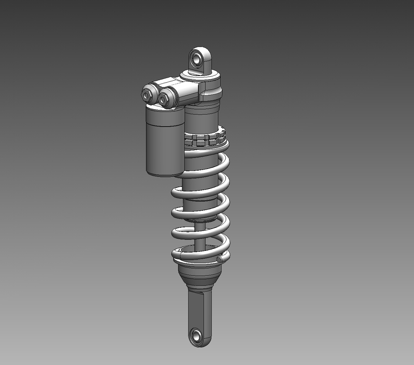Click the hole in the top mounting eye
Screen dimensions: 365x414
[x=197, y=59]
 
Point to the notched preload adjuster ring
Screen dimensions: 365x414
[x=205, y=139]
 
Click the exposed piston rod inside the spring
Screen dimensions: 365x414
[x=200, y=236]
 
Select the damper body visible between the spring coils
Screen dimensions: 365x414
[x=199, y=182]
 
